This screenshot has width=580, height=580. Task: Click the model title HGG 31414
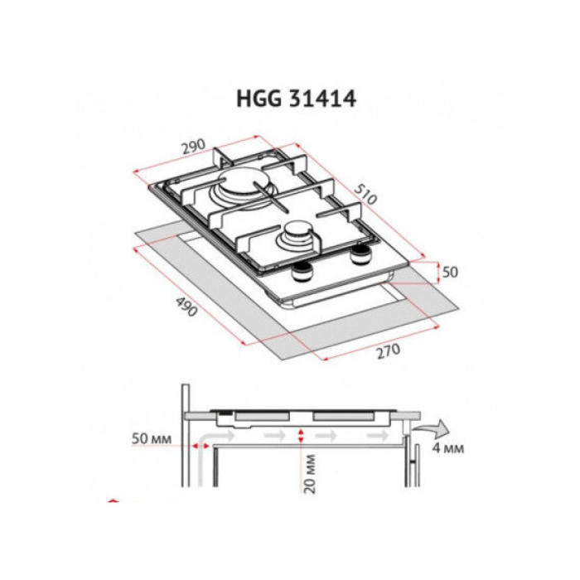tap(296, 99)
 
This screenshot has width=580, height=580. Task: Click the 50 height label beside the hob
tap(450, 273)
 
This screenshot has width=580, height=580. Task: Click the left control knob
tap(303, 273)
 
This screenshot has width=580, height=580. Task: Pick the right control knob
tap(360, 254)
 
